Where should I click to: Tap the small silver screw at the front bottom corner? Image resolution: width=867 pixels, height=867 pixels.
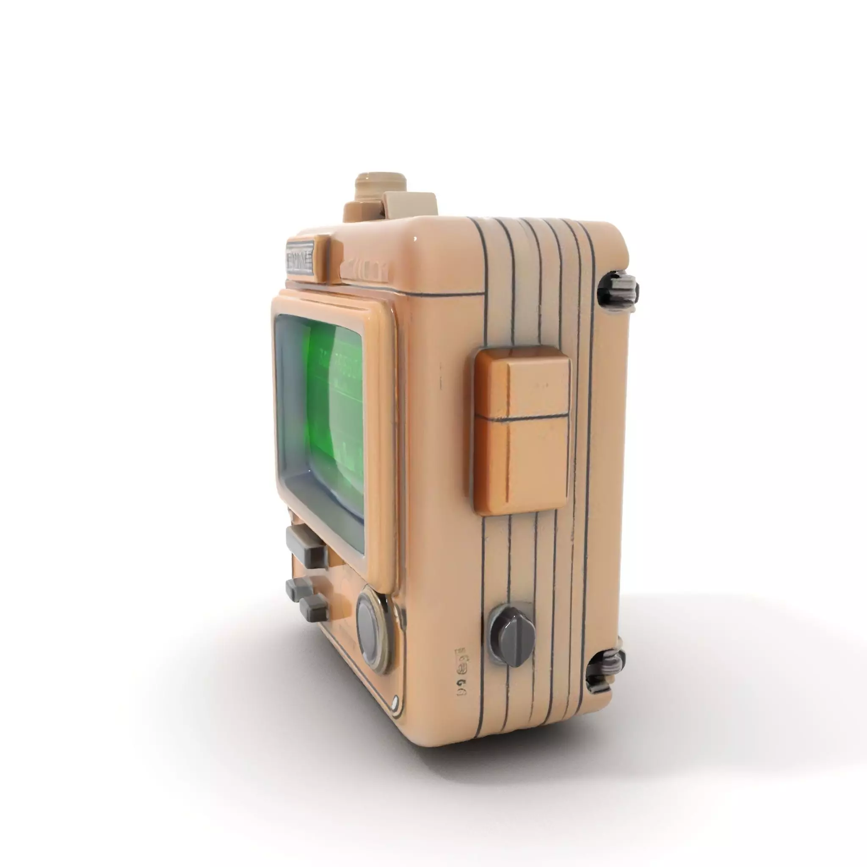point(395,701)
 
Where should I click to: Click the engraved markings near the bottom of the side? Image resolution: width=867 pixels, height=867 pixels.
point(461,671)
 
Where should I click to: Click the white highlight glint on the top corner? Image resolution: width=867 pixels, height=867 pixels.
point(415,239)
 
